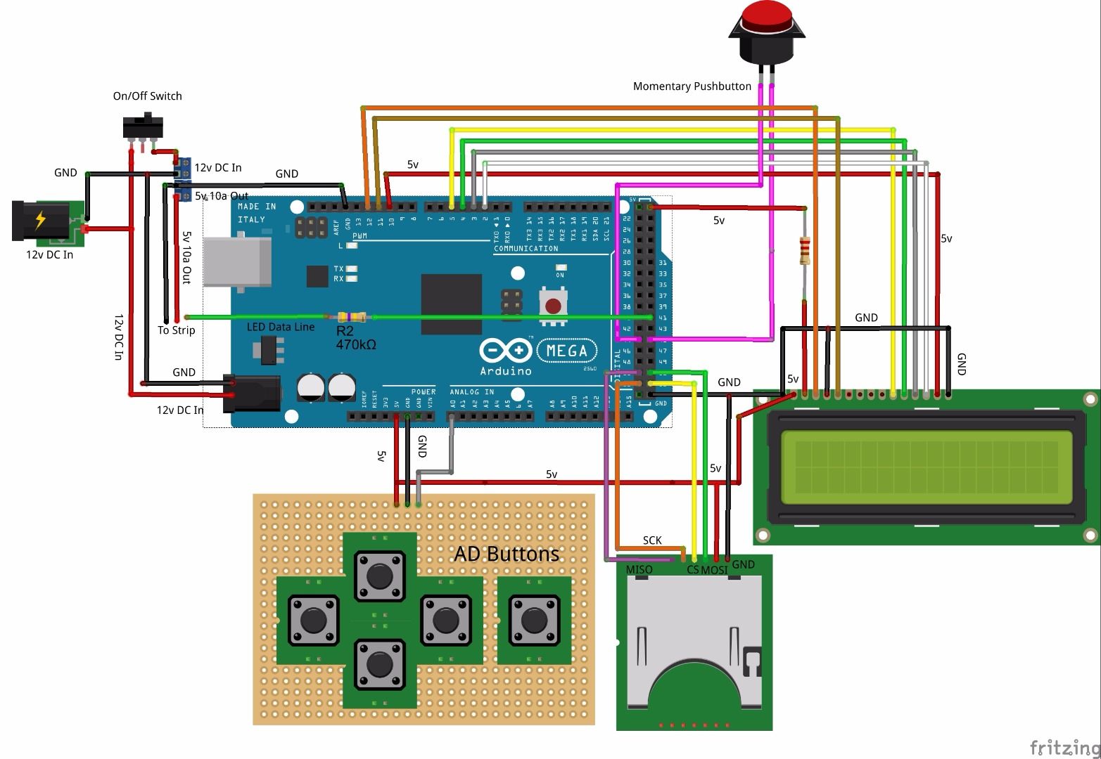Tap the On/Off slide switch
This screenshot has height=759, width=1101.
143,127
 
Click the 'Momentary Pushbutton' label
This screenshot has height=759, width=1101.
692,86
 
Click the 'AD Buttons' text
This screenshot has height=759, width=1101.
507,554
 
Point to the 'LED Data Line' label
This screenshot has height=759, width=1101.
280,327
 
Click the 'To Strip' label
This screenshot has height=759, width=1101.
176,330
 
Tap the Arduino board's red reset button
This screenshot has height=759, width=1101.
554,306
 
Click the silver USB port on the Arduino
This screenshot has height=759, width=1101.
237,261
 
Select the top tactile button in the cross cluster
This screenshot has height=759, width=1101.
380,576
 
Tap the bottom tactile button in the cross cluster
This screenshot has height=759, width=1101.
380,663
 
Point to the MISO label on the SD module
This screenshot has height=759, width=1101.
639,569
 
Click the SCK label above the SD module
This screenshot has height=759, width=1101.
652,540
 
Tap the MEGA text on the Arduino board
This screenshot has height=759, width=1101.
567,350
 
